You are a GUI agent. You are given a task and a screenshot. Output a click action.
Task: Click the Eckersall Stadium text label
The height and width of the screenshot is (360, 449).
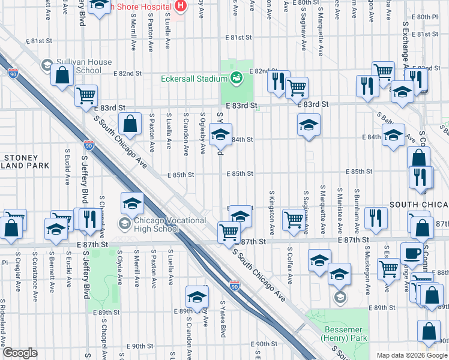click(194, 78)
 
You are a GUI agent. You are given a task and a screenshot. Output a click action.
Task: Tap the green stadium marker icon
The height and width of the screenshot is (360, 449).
click(237, 78)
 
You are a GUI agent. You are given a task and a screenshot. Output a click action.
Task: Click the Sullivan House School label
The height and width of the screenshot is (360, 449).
click(84, 66)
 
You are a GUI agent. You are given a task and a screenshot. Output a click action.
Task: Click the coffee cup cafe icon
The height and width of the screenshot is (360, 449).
click(411, 253)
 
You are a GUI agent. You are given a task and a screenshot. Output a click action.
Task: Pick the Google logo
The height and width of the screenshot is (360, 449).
click(20, 353)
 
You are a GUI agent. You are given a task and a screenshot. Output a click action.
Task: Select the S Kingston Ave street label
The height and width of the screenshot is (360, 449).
click(272, 213)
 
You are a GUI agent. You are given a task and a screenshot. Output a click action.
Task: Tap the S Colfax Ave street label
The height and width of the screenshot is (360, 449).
click(289, 265)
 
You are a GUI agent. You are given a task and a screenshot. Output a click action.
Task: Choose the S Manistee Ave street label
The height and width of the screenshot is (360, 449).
click(340, 212)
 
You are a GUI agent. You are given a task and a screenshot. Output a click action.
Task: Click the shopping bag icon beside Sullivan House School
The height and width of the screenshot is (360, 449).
click(62, 76)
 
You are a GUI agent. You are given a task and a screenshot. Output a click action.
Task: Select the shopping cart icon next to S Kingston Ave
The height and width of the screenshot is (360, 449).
click(293, 219)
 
